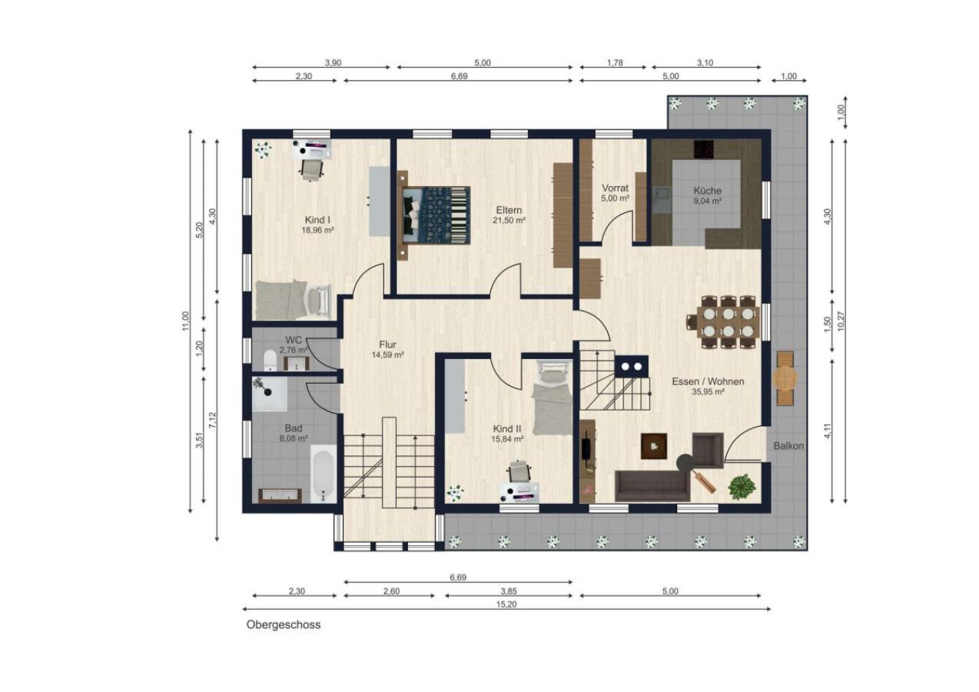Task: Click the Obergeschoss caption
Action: click(x=284, y=624)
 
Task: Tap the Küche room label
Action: click(x=707, y=191)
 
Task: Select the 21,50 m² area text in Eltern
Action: click(x=509, y=221)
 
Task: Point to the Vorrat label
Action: click(x=615, y=188)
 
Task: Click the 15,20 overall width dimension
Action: click(x=506, y=604)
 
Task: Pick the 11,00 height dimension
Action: click(x=186, y=321)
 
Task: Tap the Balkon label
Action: click(x=788, y=446)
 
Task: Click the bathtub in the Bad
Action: click(x=324, y=474)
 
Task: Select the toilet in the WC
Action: click(x=270, y=360)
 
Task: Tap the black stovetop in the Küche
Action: click(x=704, y=148)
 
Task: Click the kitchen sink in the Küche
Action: click(x=662, y=199)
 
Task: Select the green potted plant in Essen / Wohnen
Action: click(x=742, y=487)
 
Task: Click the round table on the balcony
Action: click(x=785, y=378)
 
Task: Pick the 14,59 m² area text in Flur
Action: click(x=387, y=355)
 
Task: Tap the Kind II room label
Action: click(x=507, y=429)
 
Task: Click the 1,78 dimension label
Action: click(x=615, y=62)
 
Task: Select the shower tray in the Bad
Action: click(x=270, y=394)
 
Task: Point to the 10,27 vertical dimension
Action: click(x=841, y=321)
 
